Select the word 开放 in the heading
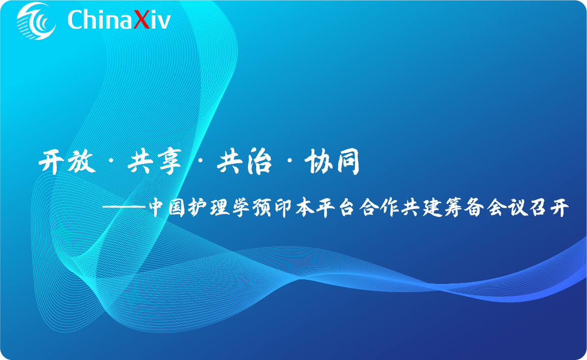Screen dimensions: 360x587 (67, 163)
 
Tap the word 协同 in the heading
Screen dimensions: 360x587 (332, 163)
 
